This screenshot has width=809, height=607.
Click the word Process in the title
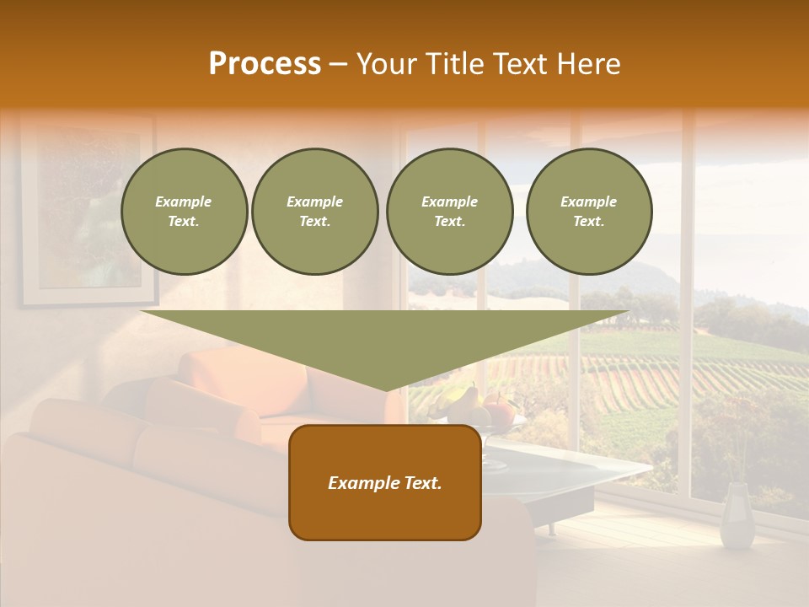(x=265, y=64)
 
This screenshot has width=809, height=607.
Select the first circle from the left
(x=184, y=212)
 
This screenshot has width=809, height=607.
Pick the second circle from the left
(x=314, y=212)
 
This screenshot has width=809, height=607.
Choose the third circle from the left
(x=449, y=212)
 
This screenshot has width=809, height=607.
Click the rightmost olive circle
(x=588, y=212)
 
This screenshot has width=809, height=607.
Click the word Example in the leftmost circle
(x=184, y=201)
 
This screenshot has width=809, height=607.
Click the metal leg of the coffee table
(x=553, y=528)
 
